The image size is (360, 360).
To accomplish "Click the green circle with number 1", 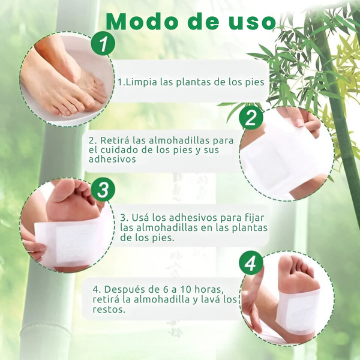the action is pos(103,43).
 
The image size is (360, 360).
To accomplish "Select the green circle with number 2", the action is pos(251,118).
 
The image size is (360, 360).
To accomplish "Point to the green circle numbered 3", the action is pos(103,190).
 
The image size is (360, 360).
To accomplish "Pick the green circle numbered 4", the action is pos(251,263).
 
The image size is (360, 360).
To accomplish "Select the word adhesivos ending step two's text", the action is pos(112,159).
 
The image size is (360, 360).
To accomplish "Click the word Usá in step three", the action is pos(140,218).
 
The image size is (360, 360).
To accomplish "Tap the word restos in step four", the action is pos(108,310).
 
